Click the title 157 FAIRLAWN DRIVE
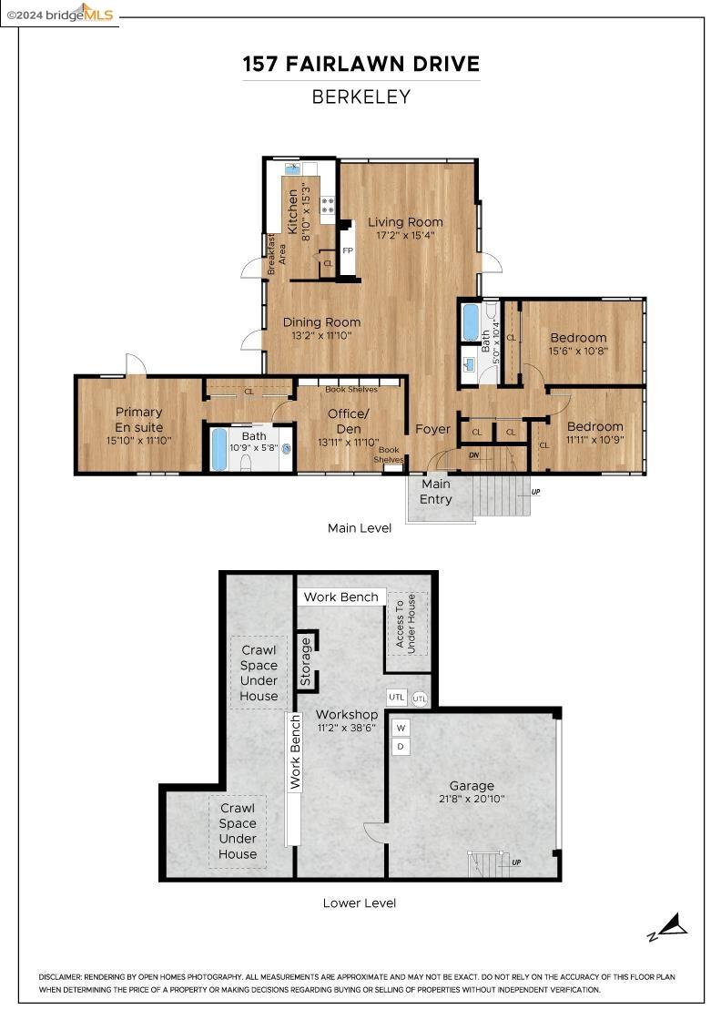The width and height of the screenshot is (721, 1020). [x=360, y=65]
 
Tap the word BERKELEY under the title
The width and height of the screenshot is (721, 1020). [x=360, y=97]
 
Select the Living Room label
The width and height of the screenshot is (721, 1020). [x=405, y=222]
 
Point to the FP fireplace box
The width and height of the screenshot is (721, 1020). [x=347, y=250]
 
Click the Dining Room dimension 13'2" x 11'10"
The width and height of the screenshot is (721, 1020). [x=321, y=335]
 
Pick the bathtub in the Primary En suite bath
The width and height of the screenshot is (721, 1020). [x=219, y=449]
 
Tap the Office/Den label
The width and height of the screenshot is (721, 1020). [x=348, y=422]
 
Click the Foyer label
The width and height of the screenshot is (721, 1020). [x=432, y=429]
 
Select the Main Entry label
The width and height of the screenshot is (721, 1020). [x=435, y=492]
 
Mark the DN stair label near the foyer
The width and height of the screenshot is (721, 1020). [x=474, y=454]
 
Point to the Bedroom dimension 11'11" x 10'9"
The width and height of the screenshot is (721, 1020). [x=594, y=439]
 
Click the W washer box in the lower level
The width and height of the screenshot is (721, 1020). [x=401, y=727]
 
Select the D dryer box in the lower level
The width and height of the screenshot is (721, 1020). [x=401, y=747]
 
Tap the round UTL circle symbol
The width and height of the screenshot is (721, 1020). [x=420, y=699]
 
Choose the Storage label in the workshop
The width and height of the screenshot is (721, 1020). [x=306, y=661]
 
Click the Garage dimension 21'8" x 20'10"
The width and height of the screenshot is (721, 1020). [x=472, y=799]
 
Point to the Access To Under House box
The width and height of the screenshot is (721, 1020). [x=406, y=624]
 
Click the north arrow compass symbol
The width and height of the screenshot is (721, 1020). [x=669, y=927]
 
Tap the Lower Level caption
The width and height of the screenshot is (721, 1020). [x=360, y=903]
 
